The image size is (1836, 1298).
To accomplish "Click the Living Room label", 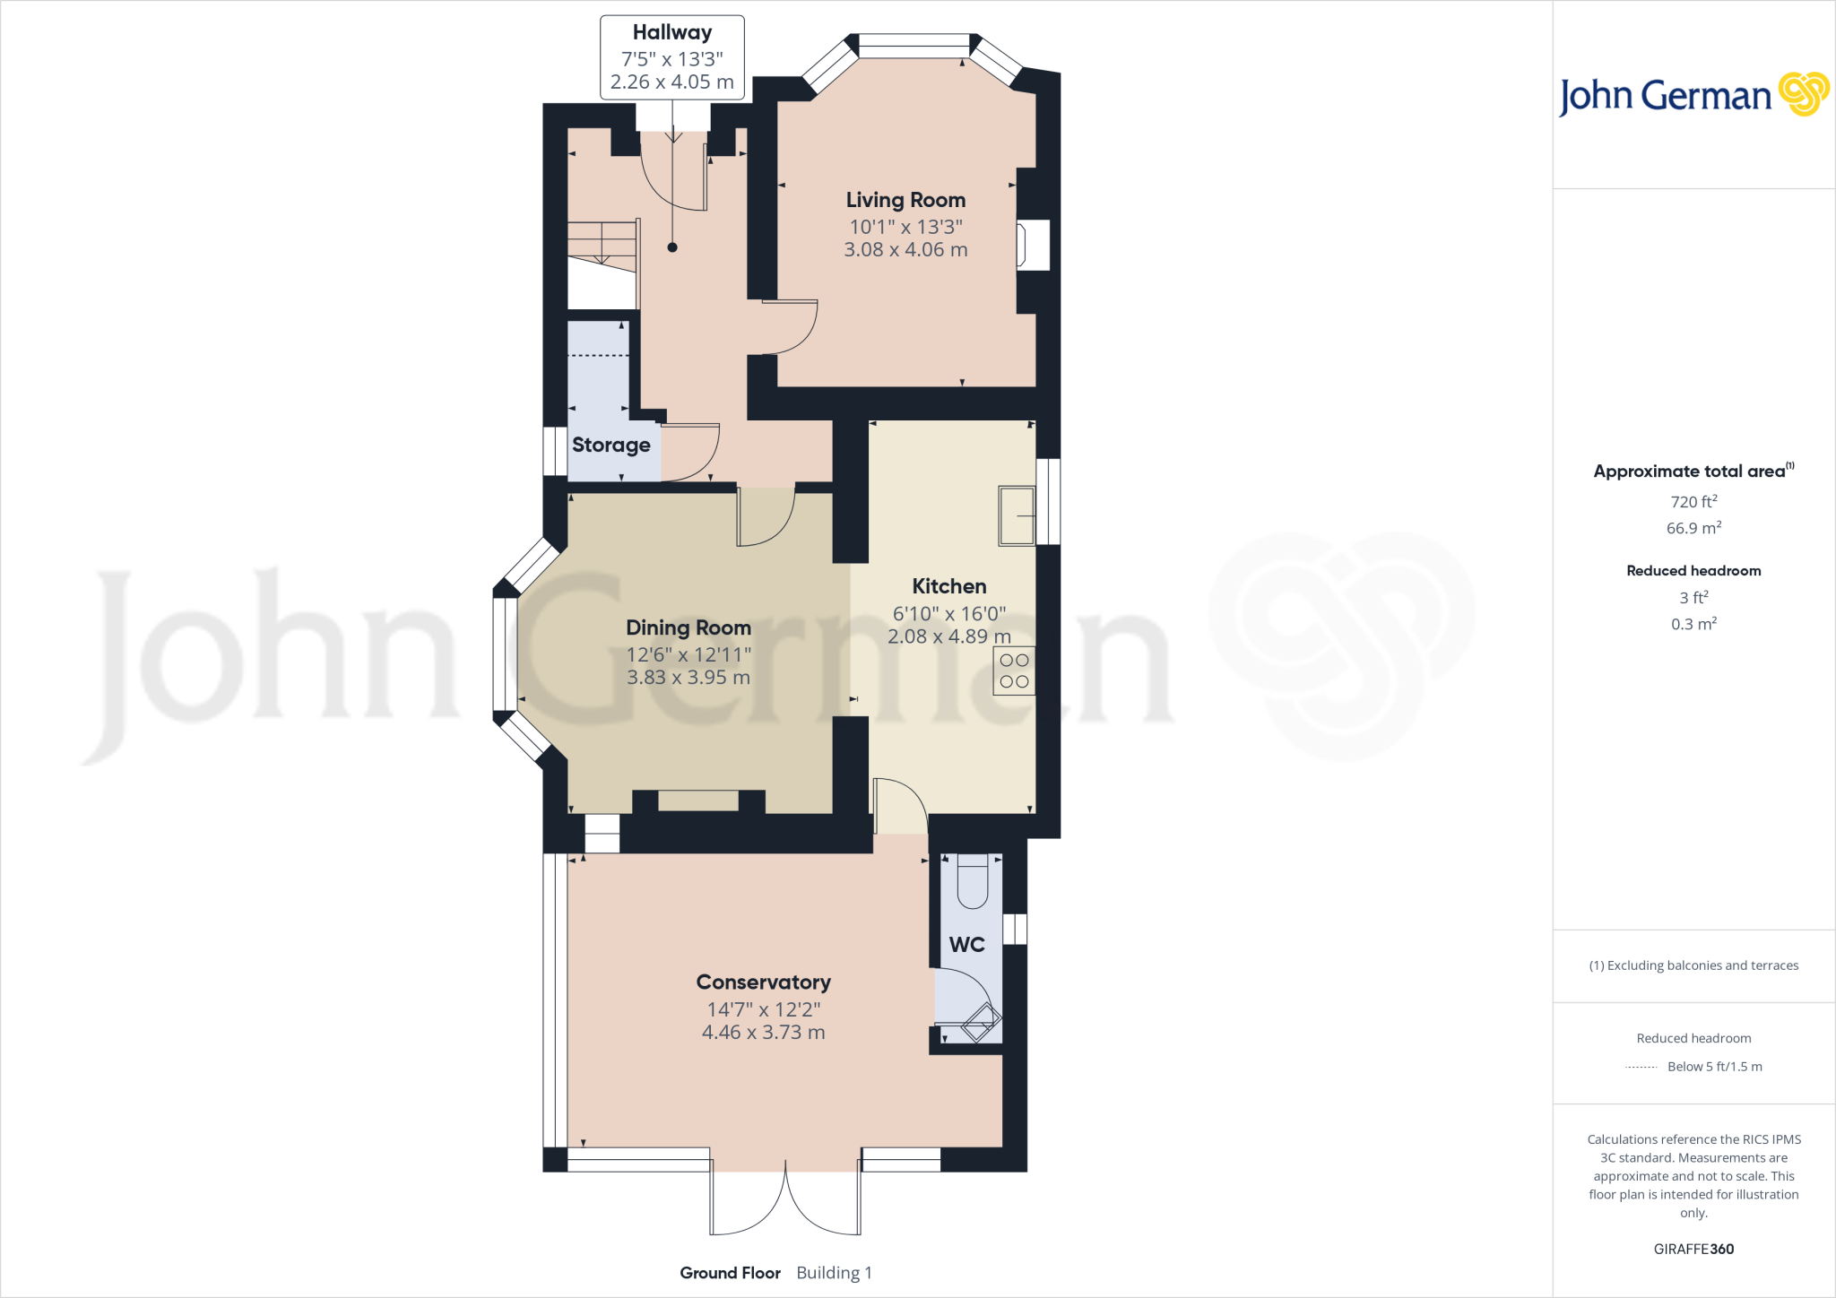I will [x=905, y=200].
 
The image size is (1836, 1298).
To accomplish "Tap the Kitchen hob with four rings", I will [x=1014, y=671].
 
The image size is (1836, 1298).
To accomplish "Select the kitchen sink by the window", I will [x=1017, y=515].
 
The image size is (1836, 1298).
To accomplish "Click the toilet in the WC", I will [x=972, y=880].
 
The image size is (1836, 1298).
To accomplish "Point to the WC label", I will [x=966, y=945].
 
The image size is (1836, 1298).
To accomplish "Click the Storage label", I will [x=611, y=445].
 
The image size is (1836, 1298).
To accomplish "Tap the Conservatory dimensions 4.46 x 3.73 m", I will [x=763, y=1033].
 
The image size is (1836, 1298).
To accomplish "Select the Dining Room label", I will [x=688, y=627].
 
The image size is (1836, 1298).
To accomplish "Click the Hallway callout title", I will [x=671, y=32].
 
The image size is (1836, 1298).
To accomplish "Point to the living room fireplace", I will [x=1032, y=246].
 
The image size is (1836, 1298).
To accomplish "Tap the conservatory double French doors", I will [x=785, y=1201].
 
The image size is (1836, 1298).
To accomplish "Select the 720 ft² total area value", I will [x=1693, y=502].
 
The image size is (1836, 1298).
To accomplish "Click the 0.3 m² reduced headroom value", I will [x=1693, y=624].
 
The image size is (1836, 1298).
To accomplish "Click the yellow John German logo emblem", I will [x=1803, y=94].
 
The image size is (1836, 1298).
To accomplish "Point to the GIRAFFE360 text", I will [x=1693, y=1249].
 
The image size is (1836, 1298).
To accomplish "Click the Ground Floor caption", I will [x=730, y=1273].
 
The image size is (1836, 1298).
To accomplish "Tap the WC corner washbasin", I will [x=981, y=1023].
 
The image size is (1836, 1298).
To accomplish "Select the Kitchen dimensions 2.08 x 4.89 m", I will [x=948, y=636].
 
